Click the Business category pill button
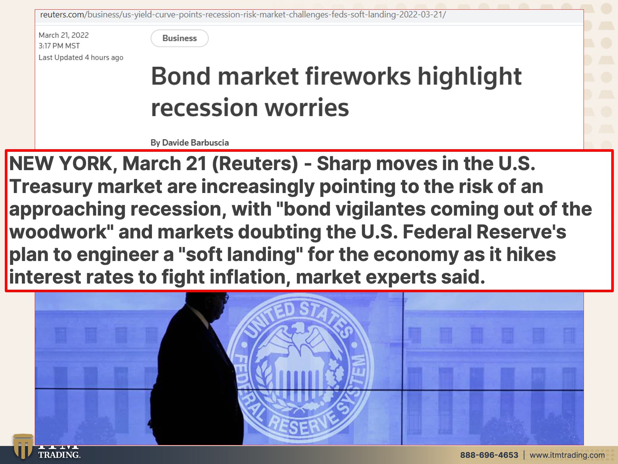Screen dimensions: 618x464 click(180, 38)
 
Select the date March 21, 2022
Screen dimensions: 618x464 click(64, 35)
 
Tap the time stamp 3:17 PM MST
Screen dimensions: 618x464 click(59, 46)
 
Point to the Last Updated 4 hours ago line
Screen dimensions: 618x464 click(81, 57)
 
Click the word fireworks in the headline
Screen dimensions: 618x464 click(358, 76)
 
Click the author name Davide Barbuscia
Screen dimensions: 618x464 click(195, 142)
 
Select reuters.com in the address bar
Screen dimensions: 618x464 click(62, 15)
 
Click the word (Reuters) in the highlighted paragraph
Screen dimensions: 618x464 click(255, 164)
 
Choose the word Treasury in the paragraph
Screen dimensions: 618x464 click(51, 187)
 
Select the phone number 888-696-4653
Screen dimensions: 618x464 click(489, 455)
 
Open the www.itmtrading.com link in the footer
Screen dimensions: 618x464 click(567, 455)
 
